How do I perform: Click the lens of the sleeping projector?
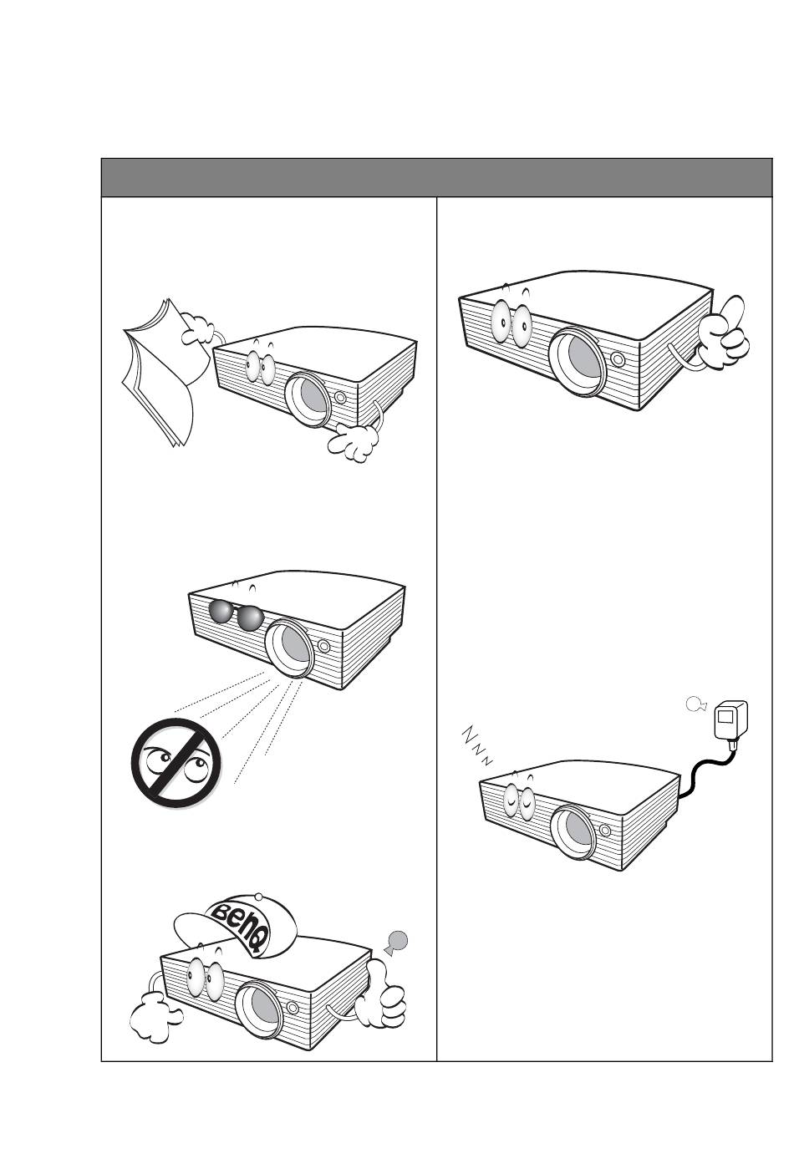573,831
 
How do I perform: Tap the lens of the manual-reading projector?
308,399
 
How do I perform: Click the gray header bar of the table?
436,177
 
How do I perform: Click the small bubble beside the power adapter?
695,704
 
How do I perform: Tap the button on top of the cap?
258,896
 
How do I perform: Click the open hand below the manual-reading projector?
353,443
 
